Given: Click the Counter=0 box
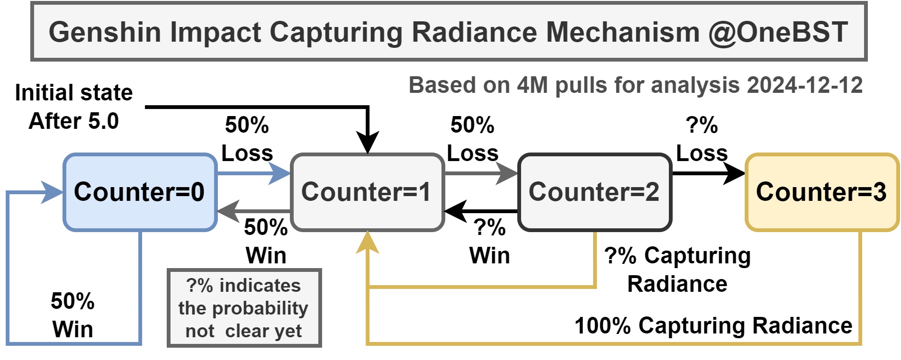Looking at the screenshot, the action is [140, 192].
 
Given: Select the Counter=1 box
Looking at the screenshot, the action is [367, 192].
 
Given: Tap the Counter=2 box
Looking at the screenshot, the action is [595, 192].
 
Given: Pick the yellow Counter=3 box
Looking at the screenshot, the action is [822, 192].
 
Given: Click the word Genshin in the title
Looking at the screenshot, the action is [105, 32].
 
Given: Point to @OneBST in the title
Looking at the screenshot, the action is [778, 32].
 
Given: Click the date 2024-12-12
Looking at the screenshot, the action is [805, 85].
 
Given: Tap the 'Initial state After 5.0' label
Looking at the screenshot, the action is [74, 107].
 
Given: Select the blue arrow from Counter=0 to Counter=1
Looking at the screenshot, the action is [253, 173].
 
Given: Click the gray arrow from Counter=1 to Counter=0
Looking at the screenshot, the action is [254, 211].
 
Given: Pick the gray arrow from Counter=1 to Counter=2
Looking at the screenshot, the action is [481, 173].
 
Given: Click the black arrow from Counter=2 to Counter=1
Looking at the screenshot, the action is [481, 211].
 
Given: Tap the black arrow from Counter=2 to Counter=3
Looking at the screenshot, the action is [709, 173].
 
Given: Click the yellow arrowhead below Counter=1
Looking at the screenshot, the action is [368, 243].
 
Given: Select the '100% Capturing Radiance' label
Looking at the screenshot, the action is [713, 326].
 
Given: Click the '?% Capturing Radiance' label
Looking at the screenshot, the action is [677, 270].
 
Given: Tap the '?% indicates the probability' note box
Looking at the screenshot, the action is [244, 308].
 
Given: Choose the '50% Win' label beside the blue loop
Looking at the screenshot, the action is [72, 315].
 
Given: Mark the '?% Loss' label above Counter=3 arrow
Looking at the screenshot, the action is [702, 139].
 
